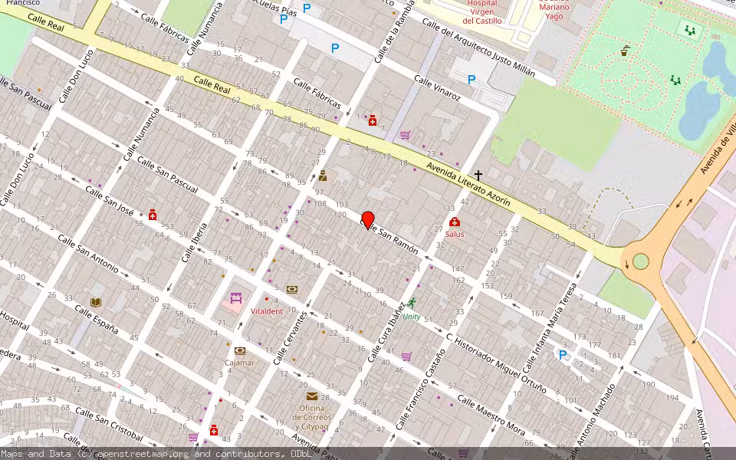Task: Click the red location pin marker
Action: tap(368, 219)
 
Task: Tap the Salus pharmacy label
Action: tap(455, 234)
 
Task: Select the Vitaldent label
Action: tap(267, 311)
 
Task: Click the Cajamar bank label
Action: tap(240, 363)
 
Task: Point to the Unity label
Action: tap(412, 316)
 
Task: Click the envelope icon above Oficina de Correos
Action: tap(312, 396)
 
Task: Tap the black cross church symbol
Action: tap(478, 176)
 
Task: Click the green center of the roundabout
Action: tap(641, 261)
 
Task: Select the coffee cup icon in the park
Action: tap(625, 51)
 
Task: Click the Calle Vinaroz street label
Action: tap(437, 88)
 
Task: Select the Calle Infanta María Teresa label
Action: tap(549, 324)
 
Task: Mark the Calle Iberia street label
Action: tap(195, 242)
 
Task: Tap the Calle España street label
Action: tap(97, 319)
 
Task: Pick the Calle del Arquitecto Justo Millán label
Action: tap(488, 50)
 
